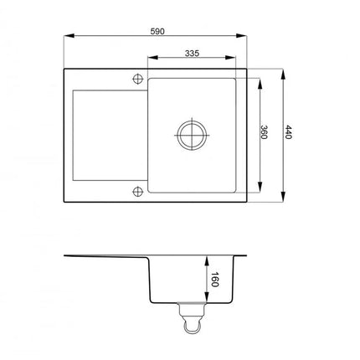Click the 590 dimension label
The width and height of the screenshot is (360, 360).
157,32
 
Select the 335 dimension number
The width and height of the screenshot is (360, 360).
192,53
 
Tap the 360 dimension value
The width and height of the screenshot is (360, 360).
264,132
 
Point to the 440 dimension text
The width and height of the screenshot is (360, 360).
288,132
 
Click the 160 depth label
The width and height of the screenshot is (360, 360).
214,280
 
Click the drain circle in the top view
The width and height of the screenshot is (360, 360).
192,136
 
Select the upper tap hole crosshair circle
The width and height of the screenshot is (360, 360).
137,79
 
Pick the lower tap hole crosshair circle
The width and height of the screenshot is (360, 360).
137,192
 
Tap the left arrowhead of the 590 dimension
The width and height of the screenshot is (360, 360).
69,36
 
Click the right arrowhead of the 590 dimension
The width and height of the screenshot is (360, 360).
241,36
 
